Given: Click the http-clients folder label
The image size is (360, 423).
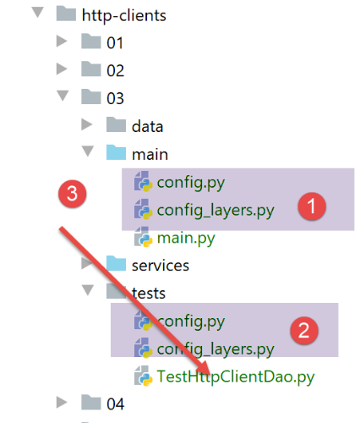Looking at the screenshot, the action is coord(124,15).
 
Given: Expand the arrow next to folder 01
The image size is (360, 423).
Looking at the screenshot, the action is coord(62,41).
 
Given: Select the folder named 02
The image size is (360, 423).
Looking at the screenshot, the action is coord(115,70).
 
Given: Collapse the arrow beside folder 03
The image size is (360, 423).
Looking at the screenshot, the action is coord(63,96).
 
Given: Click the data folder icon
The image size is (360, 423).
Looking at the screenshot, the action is coord(116,124).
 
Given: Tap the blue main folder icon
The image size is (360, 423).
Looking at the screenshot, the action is coord(116,152).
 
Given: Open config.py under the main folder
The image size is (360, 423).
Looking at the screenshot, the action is coord(191,183).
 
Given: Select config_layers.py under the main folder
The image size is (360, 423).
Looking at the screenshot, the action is coord(215,211).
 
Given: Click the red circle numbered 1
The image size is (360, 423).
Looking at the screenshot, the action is coord(312,206).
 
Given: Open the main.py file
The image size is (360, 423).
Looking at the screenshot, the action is coord(186,239).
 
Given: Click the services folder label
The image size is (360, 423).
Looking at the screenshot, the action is coord(161,266).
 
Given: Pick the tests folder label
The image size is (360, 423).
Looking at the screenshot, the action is coord(149,294).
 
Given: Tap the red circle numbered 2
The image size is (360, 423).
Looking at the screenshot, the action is coord(304,330).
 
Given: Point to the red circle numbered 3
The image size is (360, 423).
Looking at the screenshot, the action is coord(73,194).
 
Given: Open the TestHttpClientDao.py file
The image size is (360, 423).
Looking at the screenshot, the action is coord(236,376).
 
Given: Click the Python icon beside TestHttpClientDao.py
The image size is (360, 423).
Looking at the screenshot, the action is coord(144,376).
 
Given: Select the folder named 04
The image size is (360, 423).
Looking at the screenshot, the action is coord(115,404).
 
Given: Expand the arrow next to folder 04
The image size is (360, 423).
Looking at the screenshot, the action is coord(62,402).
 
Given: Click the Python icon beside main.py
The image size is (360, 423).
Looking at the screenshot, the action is coord(144,238).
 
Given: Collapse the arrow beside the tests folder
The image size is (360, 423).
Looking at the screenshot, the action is coord(88,290).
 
